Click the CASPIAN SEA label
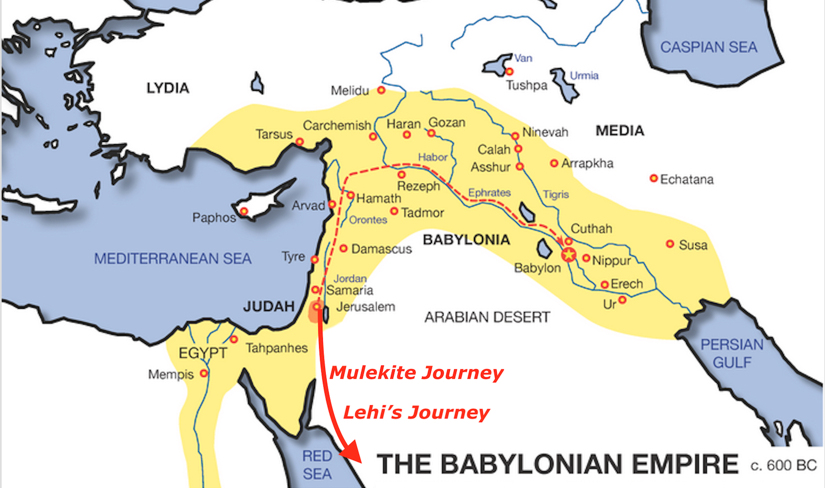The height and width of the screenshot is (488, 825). click(708, 48)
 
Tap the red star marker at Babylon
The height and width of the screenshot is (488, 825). click(569, 254)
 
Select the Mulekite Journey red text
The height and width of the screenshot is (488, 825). click(416, 372)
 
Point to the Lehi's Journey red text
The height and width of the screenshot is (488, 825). click(416, 412)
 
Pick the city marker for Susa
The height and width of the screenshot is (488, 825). click(670, 244)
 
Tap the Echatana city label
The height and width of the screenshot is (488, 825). click(687, 179)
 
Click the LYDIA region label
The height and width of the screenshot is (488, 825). click(168, 88)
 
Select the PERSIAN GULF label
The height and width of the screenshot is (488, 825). click(732, 353)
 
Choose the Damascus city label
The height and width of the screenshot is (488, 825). click(381, 249)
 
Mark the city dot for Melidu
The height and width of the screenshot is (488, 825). click(381, 90)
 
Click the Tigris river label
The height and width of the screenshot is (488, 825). click(556, 194)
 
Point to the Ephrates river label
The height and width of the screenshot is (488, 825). click(489, 193)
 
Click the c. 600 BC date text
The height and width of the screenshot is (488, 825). click(783, 465)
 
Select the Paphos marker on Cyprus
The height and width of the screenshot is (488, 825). click(244, 211)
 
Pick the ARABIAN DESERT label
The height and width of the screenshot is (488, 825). click(487, 317)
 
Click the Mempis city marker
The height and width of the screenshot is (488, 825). click(204, 373)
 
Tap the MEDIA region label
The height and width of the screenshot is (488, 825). click(620, 131)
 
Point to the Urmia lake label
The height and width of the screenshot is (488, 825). click(584, 76)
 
